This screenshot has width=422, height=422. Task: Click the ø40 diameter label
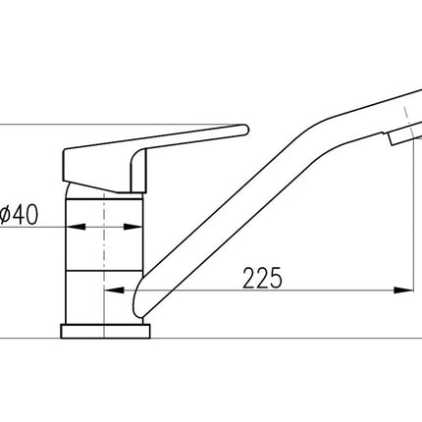[x=19, y=215]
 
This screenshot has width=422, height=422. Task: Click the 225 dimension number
[x=262, y=278]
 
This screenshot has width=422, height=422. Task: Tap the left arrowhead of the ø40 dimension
[x=76, y=227]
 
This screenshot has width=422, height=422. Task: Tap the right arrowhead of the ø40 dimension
[x=132, y=227]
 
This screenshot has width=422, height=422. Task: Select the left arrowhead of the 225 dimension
[x=114, y=290]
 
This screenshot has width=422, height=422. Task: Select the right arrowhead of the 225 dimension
[x=403, y=290]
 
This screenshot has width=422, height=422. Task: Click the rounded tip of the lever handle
[x=244, y=130]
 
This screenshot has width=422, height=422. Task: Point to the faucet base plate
[x=105, y=331]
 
